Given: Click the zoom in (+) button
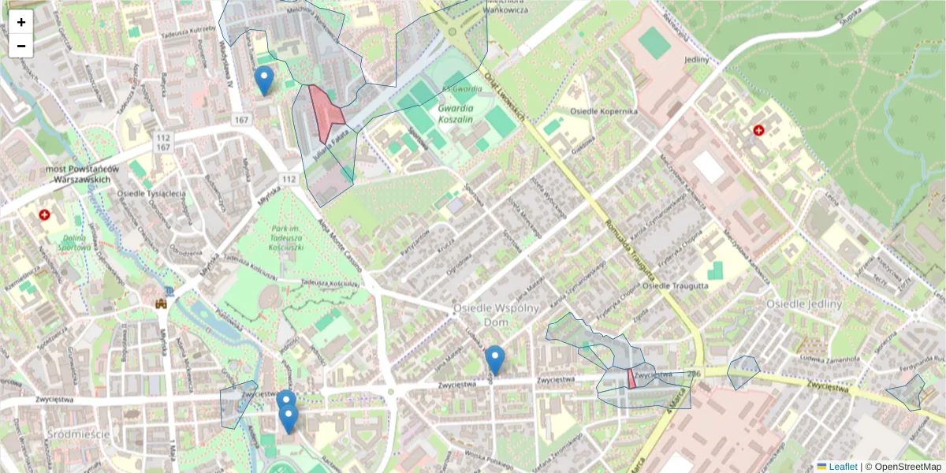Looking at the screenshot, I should (x=21, y=22).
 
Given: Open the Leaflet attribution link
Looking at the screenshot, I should (x=842, y=467).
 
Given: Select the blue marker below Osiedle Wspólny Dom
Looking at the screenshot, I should (x=494, y=359).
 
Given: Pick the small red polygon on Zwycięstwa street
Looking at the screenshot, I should (x=631, y=379).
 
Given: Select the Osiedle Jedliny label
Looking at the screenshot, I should (x=804, y=304).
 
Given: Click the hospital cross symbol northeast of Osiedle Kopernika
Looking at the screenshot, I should (x=758, y=130).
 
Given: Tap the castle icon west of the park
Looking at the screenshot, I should (x=162, y=302).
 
